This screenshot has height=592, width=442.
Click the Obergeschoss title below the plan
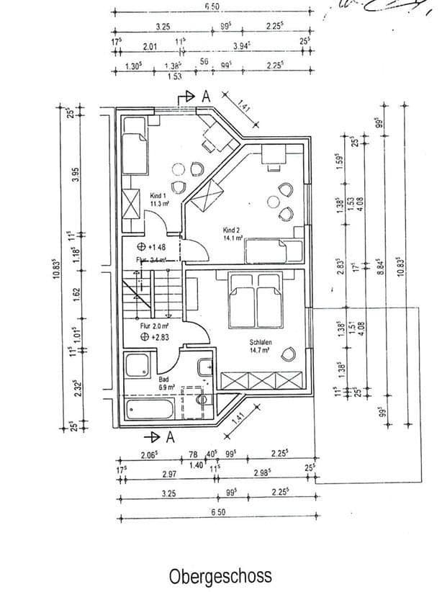[220, 576]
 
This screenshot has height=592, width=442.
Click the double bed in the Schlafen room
[255, 301]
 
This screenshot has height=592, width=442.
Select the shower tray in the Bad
[138, 367]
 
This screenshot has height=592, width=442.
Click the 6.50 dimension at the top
[212, 6]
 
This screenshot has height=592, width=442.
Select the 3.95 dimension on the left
[73, 174]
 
